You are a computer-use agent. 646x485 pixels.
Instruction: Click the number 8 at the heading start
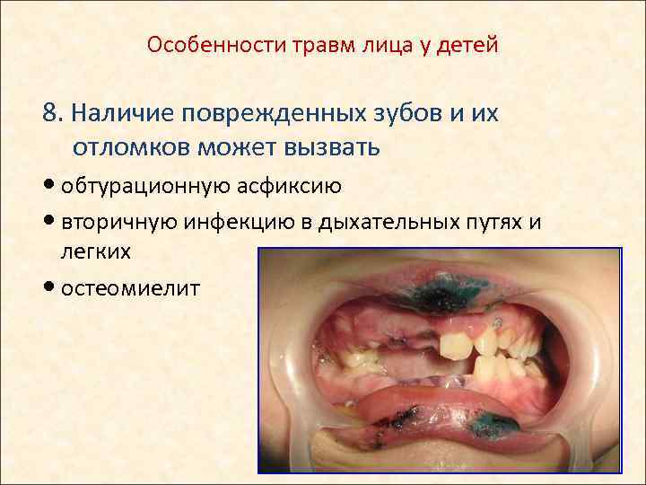pos(50,114)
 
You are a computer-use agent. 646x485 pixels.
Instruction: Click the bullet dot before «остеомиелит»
pos(48,288)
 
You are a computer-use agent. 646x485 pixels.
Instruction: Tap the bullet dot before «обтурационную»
pos(48,187)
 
